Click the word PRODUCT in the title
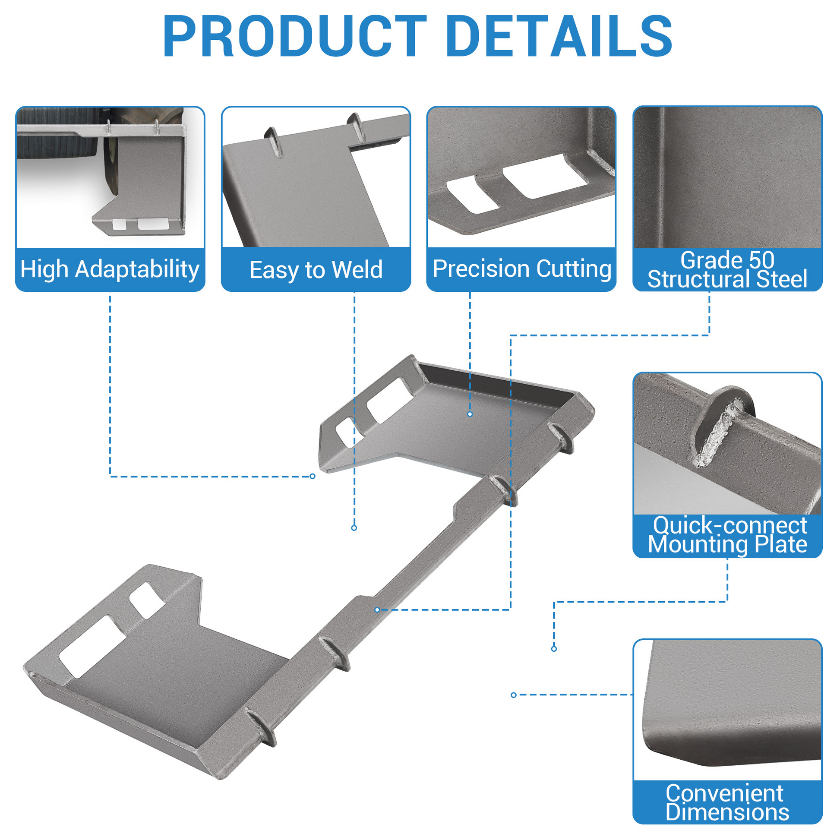(x=295, y=36)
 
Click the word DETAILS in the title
(x=559, y=36)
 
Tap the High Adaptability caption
(x=110, y=269)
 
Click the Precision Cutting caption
(x=522, y=268)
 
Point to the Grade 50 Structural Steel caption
(x=727, y=269)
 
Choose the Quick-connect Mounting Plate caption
(x=727, y=535)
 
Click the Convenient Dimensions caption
(x=727, y=802)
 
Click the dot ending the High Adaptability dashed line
(x=312, y=477)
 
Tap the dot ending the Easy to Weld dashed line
(x=354, y=528)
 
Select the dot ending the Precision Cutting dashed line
(x=470, y=414)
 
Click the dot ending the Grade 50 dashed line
(x=377, y=610)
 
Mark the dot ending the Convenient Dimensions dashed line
(x=514, y=695)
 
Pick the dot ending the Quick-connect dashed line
(x=554, y=649)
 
